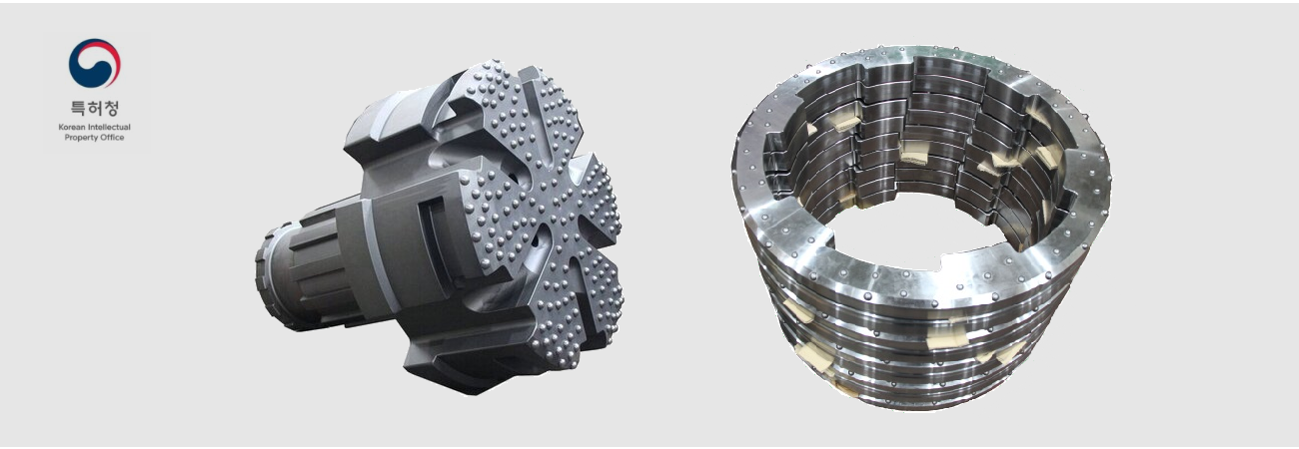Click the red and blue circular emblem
click(95, 63)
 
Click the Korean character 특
click(78, 109)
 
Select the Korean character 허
click(95, 109)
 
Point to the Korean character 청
click(111, 109)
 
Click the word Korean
click(71, 127)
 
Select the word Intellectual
click(109, 127)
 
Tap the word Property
click(80, 138)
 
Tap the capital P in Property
click(67, 138)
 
